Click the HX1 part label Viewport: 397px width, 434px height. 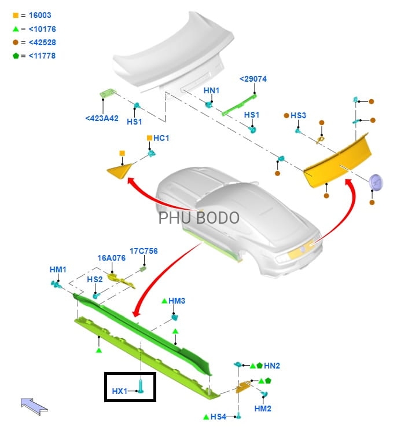[x=120, y=392]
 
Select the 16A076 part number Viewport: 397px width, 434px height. [x=111, y=258]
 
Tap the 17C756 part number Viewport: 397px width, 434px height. [x=144, y=251]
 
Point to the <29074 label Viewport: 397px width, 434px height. [x=253, y=79]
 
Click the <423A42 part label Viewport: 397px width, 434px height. [x=102, y=118]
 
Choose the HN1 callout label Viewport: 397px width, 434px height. [x=211, y=90]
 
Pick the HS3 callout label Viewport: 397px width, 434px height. [x=298, y=115]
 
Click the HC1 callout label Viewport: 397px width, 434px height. [x=161, y=138]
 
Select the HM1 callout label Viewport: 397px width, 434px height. [x=58, y=269]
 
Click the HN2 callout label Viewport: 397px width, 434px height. [x=272, y=366]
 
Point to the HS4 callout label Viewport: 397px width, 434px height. [x=218, y=417]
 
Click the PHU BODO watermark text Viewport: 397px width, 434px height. [x=198, y=218]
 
